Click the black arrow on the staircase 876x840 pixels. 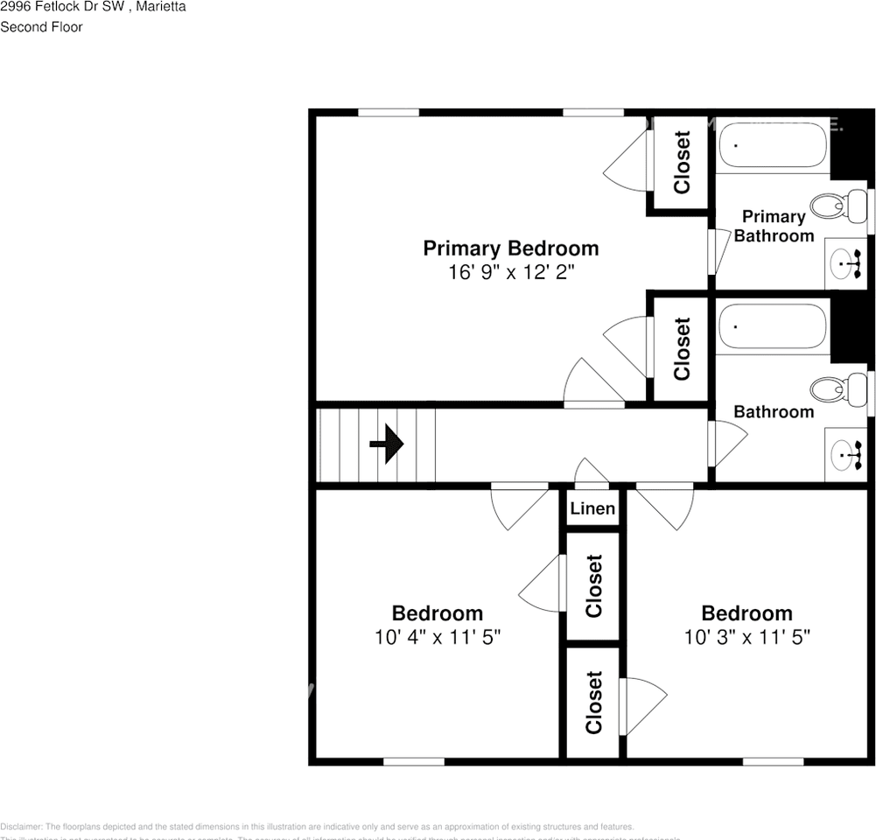click(x=387, y=444)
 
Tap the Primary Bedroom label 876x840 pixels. click(x=511, y=248)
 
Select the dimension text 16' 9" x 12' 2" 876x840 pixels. click(x=511, y=272)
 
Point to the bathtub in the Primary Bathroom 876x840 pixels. click(x=773, y=145)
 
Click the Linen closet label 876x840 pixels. click(x=592, y=509)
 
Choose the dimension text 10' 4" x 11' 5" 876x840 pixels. click(x=437, y=637)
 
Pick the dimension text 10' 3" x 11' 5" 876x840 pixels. click(x=747, y=637)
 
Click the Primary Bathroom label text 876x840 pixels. click(x=774, y=226)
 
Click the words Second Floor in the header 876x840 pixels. click(x=41, y=27)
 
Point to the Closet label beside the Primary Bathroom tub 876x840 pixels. click(x=682, y=163)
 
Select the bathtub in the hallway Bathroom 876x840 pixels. click(x=773, y=326)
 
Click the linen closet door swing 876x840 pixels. click(x=592, y=472)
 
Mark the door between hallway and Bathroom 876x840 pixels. click(x=725, y=443)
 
